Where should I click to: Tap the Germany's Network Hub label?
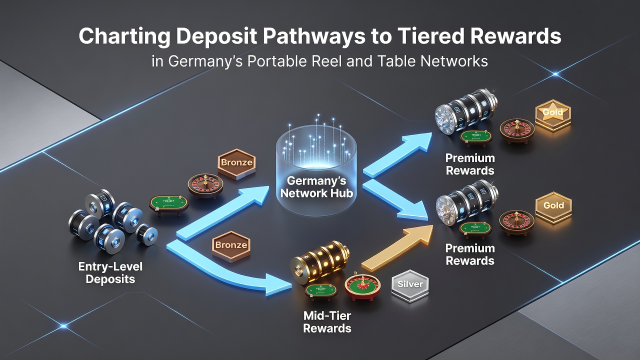(x=316, y=187)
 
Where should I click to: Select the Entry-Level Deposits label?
(x=110, y=272)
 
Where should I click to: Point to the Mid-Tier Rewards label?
(x=327, y=321)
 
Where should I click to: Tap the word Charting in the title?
(x=124, y=36)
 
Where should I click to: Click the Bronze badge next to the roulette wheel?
(x=236, y=164)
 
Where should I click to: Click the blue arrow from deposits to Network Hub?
(x=223, y=213)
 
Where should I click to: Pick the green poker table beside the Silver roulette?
(x=320, y=291)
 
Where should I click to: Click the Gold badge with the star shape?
(x=552, y=114)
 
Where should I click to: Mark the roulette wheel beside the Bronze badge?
(x=205, y=185)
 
